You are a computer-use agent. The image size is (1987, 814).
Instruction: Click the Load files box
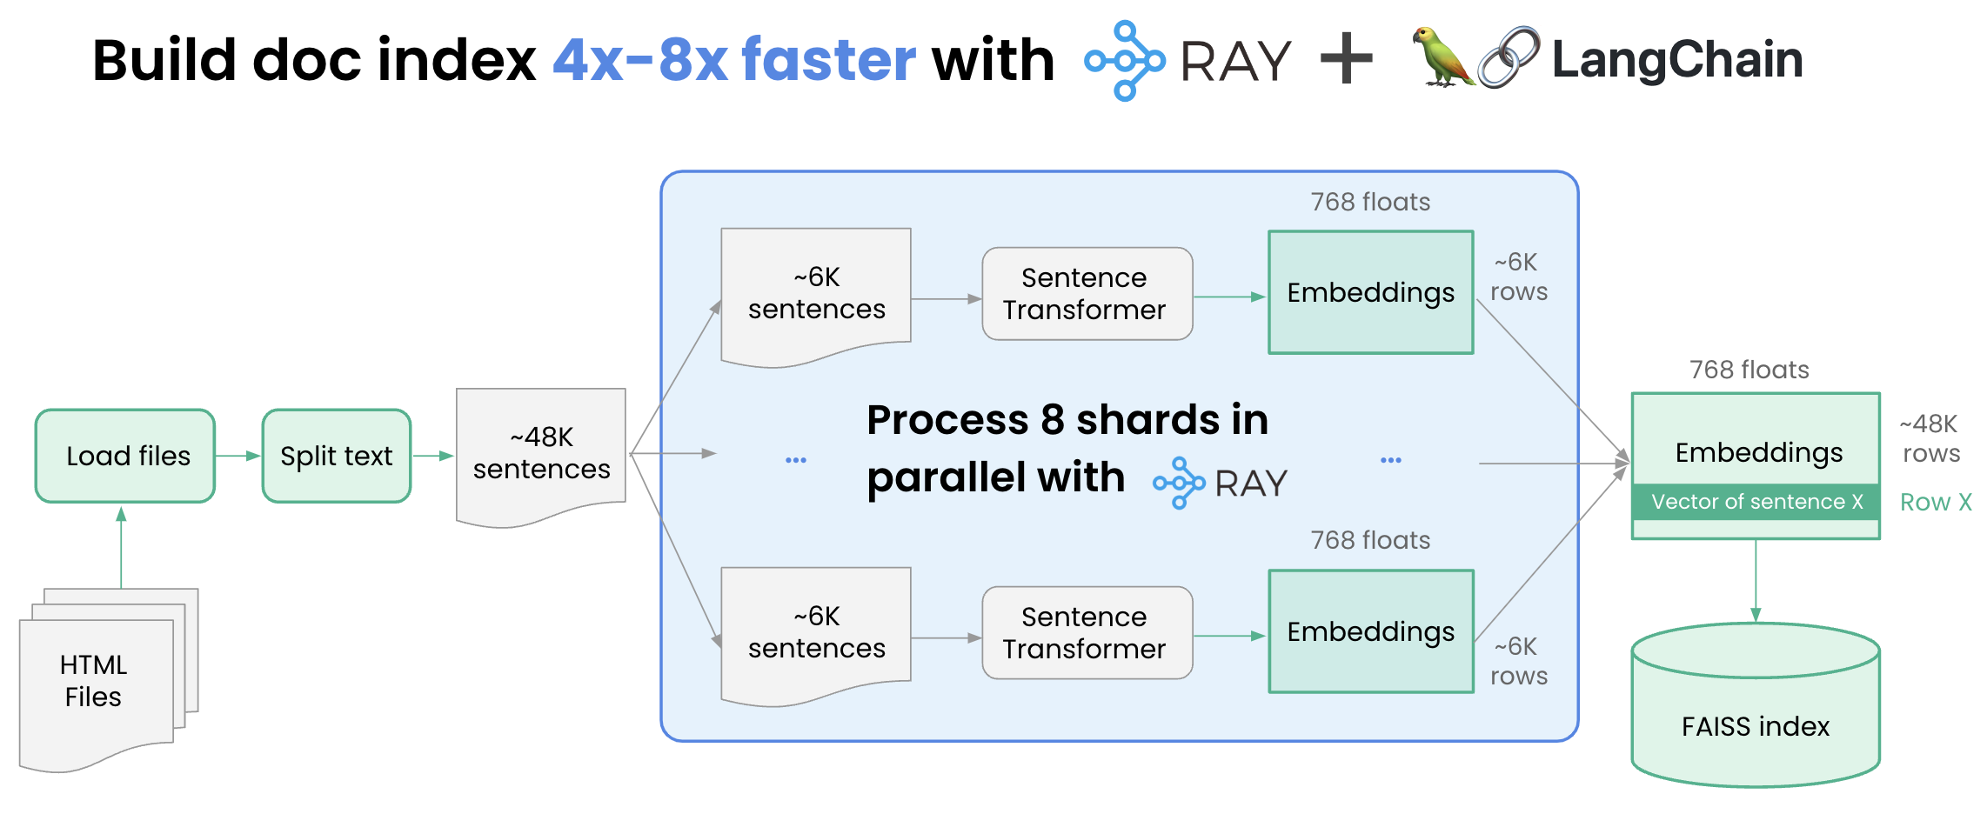click(x=125, y=456)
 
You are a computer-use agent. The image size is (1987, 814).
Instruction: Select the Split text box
click(x=337, y=456)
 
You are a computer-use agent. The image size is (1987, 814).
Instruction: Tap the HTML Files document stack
click(x=96, y=684)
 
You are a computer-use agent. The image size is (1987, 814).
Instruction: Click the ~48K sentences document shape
click(x=541, y=453)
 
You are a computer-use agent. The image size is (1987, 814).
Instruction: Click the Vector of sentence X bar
click(x=1756, y=502)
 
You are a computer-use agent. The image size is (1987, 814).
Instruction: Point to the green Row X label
click(x=1935, y=503)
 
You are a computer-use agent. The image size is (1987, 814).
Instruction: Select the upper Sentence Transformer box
click(x=1087, y=294)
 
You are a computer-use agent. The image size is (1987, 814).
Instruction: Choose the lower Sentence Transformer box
click(x=1087, y=633)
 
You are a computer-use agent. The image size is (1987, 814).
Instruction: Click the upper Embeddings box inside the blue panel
click(x=1370, y=292)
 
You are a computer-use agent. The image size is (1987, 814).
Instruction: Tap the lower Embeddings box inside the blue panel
click(x=1370, y=631)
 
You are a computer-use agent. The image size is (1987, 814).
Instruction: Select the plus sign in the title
click(x=1346, y=59)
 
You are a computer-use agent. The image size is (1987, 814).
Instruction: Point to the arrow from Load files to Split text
click(x=238, y=456)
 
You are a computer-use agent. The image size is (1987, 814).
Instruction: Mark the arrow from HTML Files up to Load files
click(x=121, y=548)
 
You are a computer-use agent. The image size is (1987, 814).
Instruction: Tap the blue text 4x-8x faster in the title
click(x=734, y=61)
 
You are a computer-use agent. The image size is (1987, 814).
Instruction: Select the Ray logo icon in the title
click(x=1124, y=61)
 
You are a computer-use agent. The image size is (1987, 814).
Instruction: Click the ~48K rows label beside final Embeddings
click(x=1930, y=438)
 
